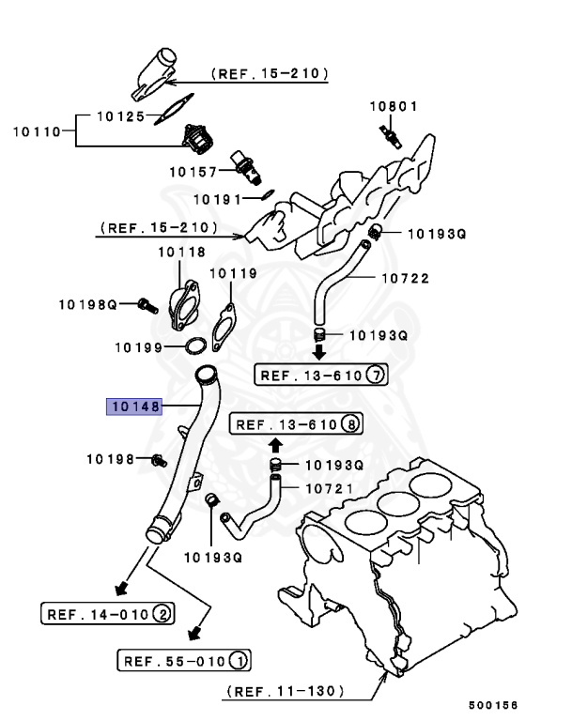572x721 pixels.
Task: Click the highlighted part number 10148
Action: tap(134, 407)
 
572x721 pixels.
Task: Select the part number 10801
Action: tap(392, 106)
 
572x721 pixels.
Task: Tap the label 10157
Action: tap(193, 171)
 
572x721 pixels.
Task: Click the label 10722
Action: tap(405, 278)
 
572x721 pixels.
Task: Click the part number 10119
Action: tap(232, 273)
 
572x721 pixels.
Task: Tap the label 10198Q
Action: tap(87, 304)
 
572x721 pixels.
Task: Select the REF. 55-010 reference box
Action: tap(183, 661)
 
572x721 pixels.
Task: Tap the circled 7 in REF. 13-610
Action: tap(375, 376)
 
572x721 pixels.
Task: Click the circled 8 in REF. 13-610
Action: tap(350, 424)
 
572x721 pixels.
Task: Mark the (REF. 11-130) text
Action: tap(285, 692)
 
